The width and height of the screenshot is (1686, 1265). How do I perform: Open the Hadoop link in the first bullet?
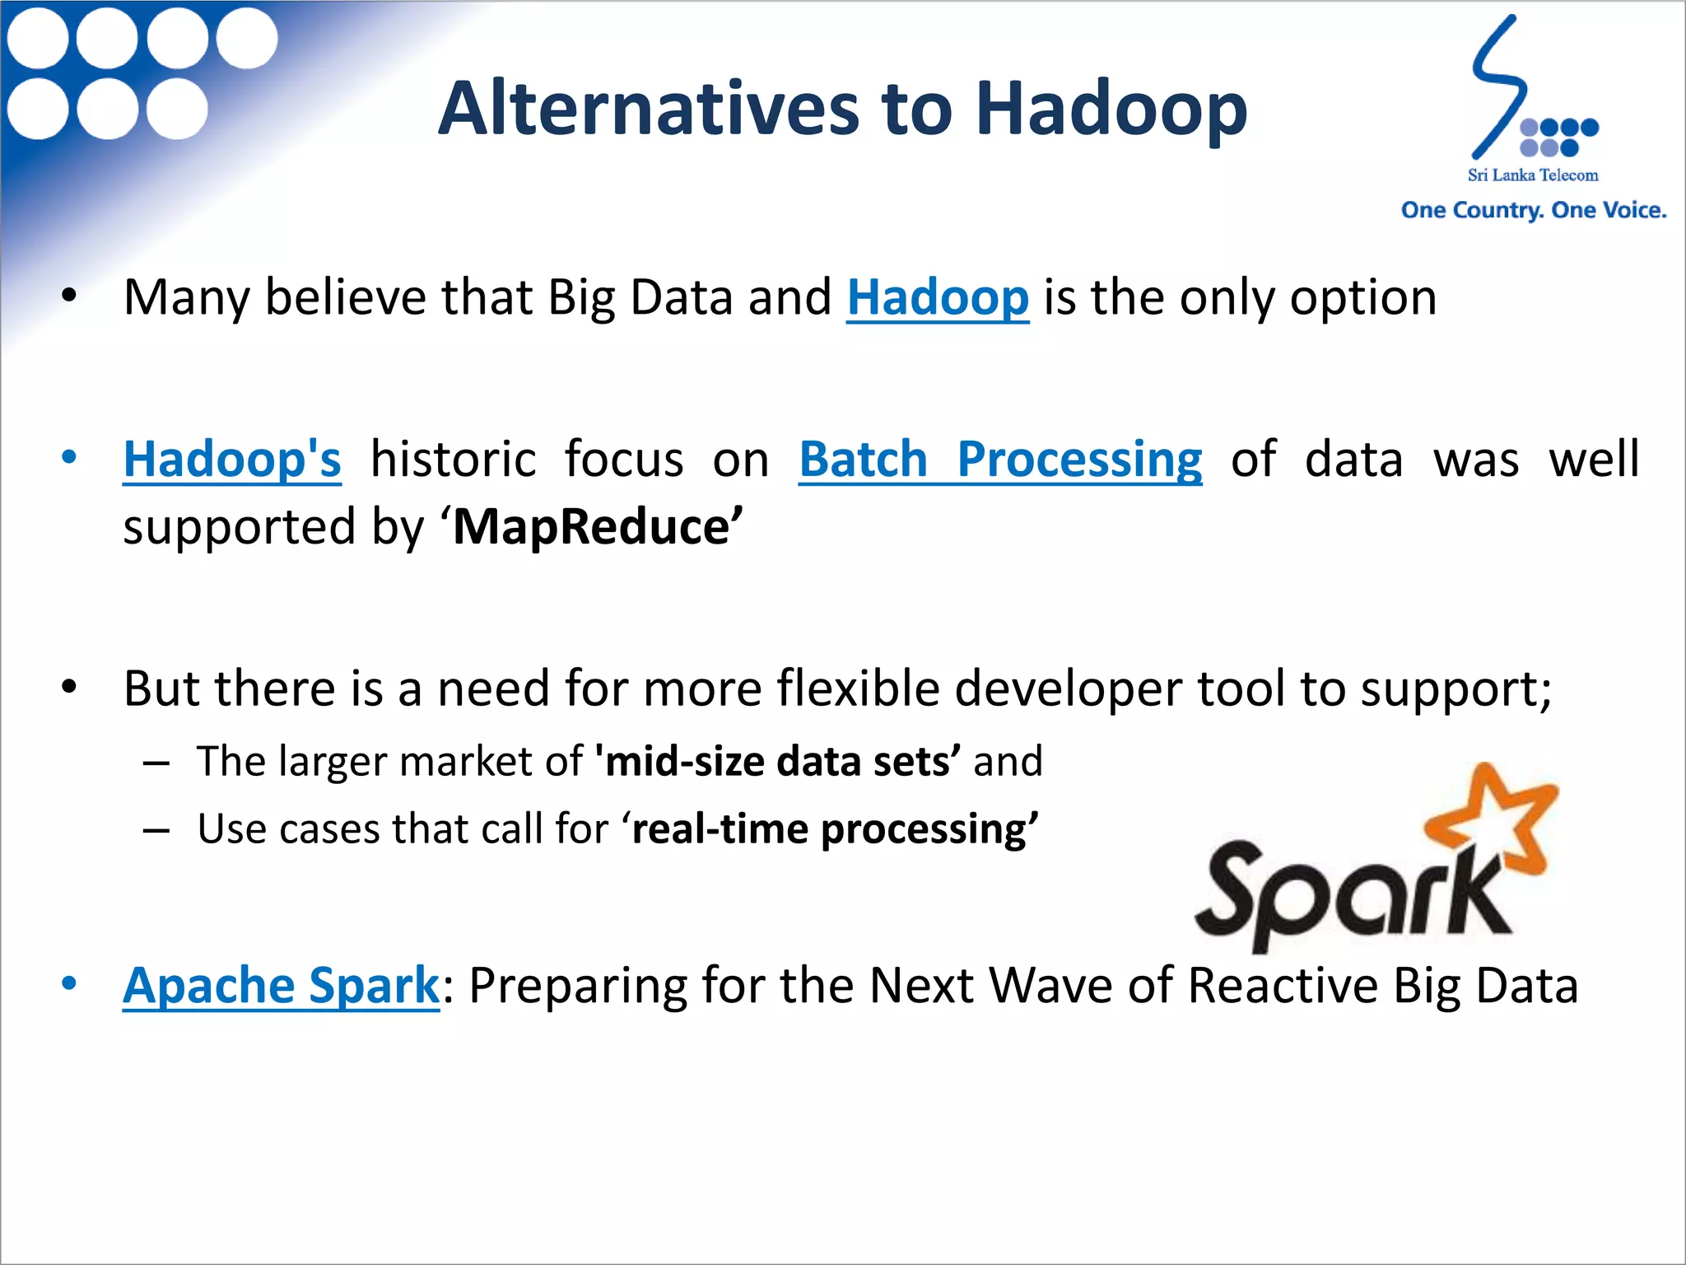click(x=937, y=297)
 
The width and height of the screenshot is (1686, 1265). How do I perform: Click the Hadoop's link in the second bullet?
click(x=231, y=459)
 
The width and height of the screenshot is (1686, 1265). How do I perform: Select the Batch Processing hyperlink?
click(x=999, y=459)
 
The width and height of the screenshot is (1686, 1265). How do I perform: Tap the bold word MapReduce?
click(x=591, y=527)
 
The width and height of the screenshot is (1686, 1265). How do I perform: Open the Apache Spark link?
click(x=281, y=985)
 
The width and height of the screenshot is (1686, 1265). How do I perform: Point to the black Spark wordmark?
click(x=1350, y=894)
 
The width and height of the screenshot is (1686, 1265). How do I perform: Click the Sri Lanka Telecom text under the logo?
click(x=1532, y=175)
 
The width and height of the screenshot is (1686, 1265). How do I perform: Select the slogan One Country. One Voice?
click(x=1533, y=210)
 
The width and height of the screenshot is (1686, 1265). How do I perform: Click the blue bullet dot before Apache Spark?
click(x=69, y=983)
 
